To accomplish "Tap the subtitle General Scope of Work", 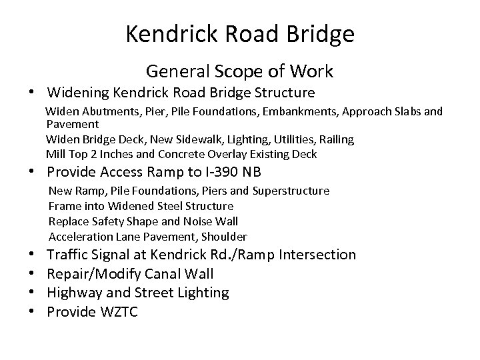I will click(240, 71).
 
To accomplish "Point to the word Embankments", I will click(300, 111).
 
